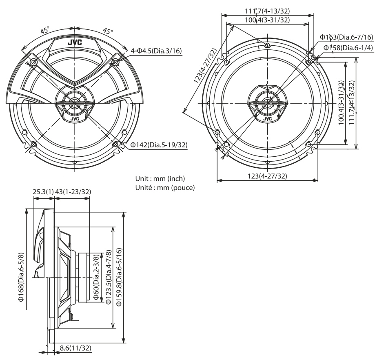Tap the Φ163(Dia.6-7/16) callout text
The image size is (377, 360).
point(346,37)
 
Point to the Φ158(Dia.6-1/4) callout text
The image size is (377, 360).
point(348,48)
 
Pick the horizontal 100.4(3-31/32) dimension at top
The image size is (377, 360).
point(267,20)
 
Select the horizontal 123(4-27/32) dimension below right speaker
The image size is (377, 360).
point(267,176)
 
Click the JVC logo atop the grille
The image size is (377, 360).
point(75,41)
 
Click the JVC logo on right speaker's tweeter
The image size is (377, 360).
point(267,119)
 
